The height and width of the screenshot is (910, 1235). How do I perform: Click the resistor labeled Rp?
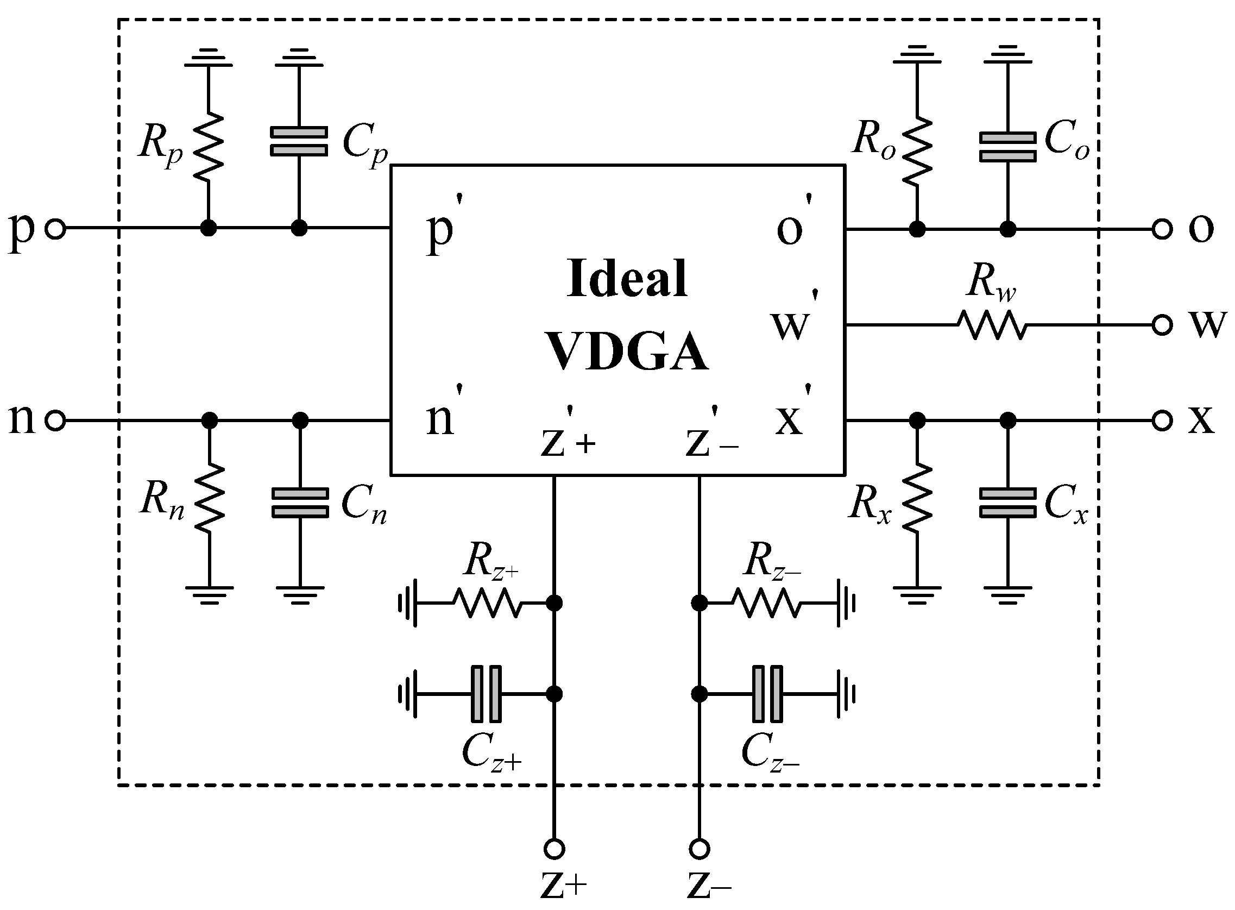(208, 147)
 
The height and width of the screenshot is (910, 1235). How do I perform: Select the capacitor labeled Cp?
(299, 142)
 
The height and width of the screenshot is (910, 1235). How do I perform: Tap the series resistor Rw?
(992, 325)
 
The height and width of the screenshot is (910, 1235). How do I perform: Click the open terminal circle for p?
(55, 228)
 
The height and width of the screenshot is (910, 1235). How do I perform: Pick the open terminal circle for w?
(1162, 325)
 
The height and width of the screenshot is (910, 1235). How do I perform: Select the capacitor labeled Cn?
(300, 503)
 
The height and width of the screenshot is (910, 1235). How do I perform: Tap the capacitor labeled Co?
(1007, 147)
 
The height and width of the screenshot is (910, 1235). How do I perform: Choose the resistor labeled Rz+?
(487, 603)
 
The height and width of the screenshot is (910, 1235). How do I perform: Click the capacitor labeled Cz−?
(767, 694)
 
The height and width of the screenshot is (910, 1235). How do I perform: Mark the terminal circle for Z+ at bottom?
(554, 849)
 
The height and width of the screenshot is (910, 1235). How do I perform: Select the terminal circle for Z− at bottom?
(700, 849)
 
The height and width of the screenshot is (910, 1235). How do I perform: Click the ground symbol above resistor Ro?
(917, 55)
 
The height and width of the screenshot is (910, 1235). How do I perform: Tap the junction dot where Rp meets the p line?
(208, 228)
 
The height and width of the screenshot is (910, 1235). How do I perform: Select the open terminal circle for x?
(1162, 421)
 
